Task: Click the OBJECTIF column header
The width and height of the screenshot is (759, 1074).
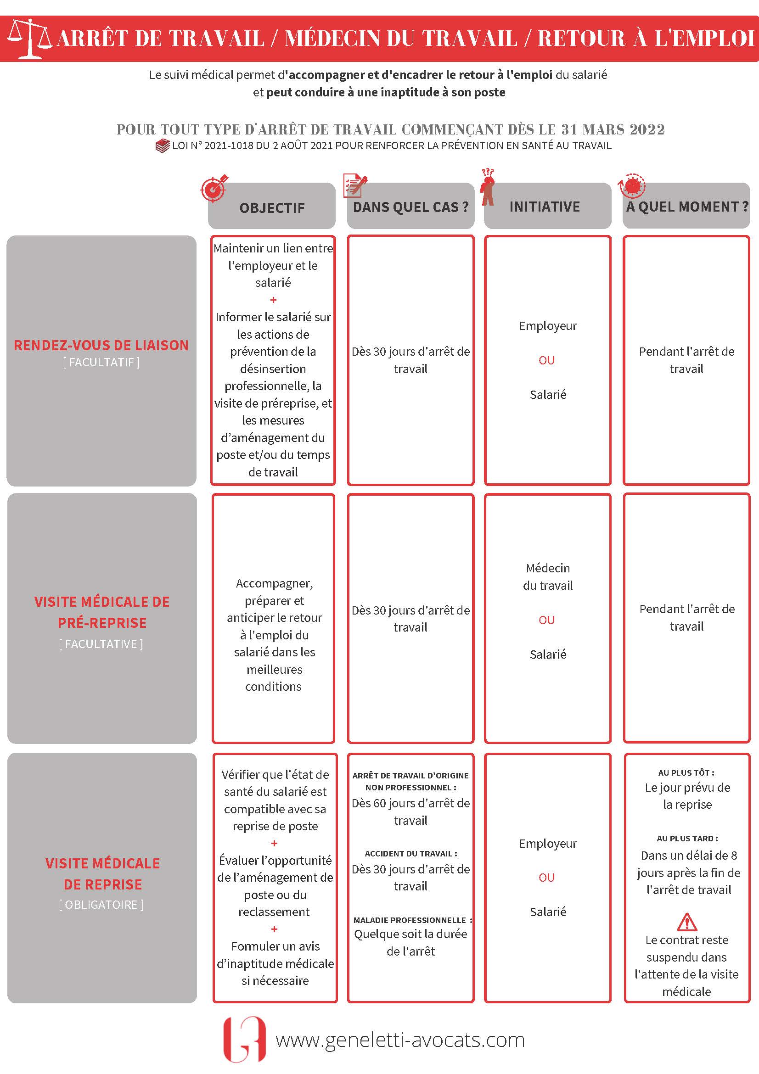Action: [272, 208]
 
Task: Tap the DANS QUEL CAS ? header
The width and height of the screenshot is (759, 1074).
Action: [410, 207]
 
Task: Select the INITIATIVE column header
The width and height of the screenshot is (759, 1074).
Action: [545, 207]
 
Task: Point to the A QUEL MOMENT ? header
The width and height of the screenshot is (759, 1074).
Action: [687, 207]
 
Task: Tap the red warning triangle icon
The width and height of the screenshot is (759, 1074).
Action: [686, 922]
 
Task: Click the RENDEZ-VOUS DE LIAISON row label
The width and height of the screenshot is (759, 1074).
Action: [101, 345]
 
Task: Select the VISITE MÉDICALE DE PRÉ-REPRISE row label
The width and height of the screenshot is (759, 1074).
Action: [102, 612]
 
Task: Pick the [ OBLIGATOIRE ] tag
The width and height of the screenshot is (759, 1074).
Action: [101, 905]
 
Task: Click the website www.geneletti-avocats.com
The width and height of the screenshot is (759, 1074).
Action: [400, 1040]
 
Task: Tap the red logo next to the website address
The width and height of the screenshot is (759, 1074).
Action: [244, 1039]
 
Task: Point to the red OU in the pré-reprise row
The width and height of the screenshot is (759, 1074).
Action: [546, 620]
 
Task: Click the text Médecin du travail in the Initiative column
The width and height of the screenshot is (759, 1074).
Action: [548, 577]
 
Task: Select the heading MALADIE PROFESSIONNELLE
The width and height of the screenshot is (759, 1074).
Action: [410, 920]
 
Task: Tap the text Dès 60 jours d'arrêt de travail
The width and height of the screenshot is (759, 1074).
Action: [411, 811]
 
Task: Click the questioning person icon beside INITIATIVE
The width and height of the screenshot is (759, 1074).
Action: [488, 187]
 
